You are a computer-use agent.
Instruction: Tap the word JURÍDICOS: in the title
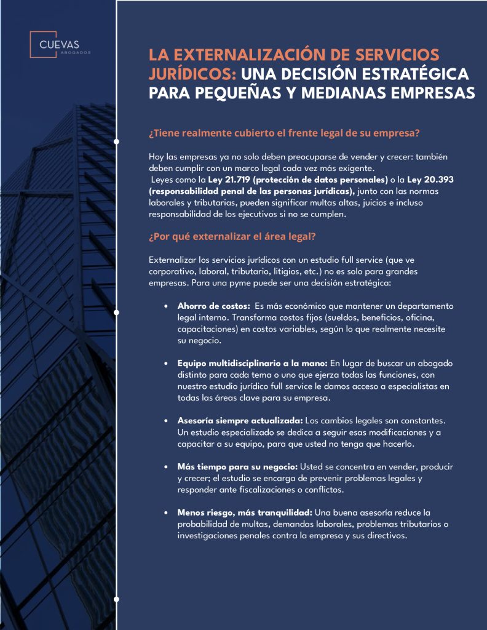[192, 74]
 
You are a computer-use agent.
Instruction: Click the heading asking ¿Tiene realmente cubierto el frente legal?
[283, 134]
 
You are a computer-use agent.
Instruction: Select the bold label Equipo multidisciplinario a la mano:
[253, 364]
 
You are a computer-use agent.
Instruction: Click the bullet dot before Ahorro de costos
[166, 306]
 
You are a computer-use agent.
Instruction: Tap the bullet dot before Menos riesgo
[166, 512]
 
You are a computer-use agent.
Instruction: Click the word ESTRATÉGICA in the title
[418, 74]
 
